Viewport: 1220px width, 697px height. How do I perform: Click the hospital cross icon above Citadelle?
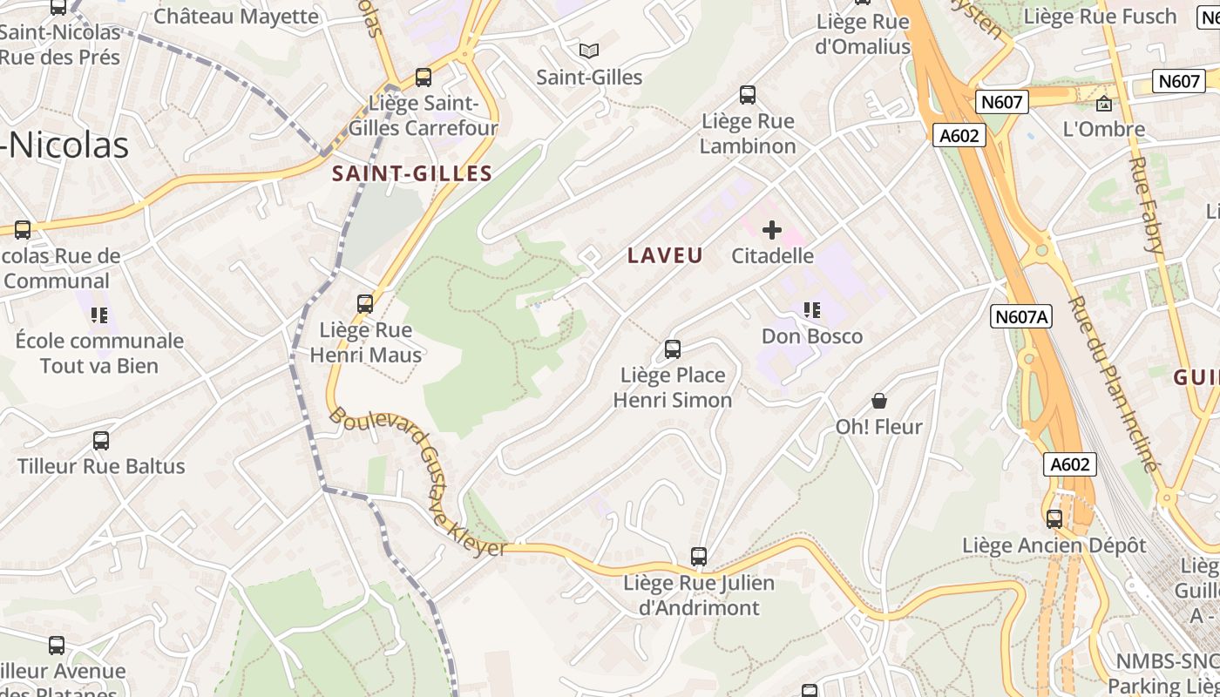(772, 230)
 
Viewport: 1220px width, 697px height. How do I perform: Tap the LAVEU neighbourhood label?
(665, 255)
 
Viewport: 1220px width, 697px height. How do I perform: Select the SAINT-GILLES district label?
(412, 173)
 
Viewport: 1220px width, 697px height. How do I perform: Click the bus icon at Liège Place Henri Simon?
(673, 349)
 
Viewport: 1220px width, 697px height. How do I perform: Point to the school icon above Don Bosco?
(812, 310)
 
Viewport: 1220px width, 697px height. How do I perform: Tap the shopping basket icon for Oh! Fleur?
(879, 401)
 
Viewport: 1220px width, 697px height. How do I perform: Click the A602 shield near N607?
(961, 135)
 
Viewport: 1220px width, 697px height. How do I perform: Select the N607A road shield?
(1020, 316)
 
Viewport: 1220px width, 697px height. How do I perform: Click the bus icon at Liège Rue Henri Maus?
(365, 304)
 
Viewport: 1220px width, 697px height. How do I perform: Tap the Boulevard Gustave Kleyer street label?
(418, 482)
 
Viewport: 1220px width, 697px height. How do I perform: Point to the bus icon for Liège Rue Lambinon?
(748, 95)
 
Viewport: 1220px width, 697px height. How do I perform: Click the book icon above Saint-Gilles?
(589, 51)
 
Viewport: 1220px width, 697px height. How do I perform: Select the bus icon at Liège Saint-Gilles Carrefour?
(424, 78)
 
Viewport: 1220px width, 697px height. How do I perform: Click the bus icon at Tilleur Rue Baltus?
(101, 441)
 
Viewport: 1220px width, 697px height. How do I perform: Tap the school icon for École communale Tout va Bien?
(99, 315)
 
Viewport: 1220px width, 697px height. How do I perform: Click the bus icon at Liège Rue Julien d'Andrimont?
(699, 556)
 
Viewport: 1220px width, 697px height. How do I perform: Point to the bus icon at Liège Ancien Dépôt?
(1054, 519)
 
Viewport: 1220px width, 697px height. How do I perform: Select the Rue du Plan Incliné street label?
(1114, 383)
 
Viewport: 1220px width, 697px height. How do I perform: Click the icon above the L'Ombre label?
(1104, 104)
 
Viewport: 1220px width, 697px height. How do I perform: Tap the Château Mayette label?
(236, 16)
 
